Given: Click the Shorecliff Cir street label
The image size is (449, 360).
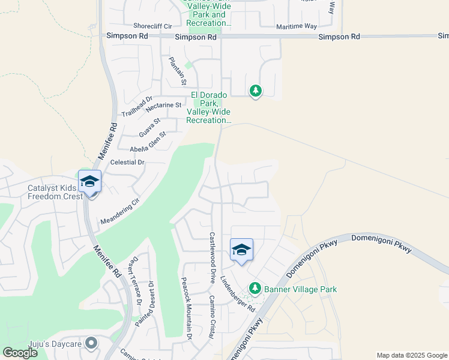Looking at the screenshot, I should (x=152, y=26).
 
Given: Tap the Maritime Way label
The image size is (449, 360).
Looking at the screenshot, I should (x=296, y=27).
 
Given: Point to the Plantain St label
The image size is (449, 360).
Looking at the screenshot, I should (x=178, y=70).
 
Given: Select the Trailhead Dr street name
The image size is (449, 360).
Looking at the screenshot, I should (x=137, y=106).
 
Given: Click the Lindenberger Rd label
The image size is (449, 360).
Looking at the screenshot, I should (x=238, y=293).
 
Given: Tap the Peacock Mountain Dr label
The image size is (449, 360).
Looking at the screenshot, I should (x=185, y=309).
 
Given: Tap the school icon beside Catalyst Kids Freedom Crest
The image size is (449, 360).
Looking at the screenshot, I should (x=90, y=181).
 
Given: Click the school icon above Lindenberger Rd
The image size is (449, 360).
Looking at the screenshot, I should (x=241, y=249).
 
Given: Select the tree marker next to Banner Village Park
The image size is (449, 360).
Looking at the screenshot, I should (x=255, y=289).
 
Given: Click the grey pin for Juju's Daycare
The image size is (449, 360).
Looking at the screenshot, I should (x=91, y=343).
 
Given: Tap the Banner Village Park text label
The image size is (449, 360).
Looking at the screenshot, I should (x=303, y=289).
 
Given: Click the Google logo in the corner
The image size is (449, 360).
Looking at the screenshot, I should (x=20, y=353).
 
